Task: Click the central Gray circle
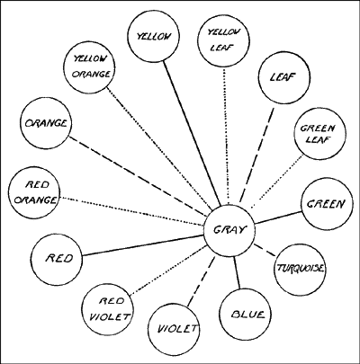click(229, 230)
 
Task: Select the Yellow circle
click(153, 37)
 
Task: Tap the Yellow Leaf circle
click(224, 40)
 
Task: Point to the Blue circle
click(245, 315)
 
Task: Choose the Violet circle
click(175, 329)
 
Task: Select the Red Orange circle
click(34, 192)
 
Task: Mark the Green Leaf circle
click(320, 134)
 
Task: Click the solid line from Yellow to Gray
click(193, 133)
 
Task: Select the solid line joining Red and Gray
click(143, 245)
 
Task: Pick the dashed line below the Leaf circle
click(256, 155)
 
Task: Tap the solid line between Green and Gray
click(279, 218)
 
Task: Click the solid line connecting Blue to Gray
click(237, 272)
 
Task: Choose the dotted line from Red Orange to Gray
click(132, 211)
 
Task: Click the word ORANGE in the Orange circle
click(46, 123)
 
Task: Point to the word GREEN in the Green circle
click(326, 204)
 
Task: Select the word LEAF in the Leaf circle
click(283, 77)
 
